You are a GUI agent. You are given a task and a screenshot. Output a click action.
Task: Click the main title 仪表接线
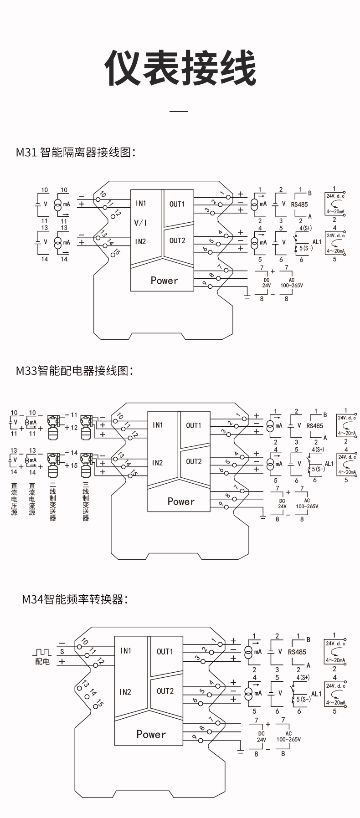(x=180, y=68)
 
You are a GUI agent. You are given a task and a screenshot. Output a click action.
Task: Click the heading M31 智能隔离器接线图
(x=76, y=152)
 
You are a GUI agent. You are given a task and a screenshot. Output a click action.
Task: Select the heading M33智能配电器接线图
(x=74, y=371)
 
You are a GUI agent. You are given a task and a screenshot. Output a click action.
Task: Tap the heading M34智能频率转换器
(x=75, y=599)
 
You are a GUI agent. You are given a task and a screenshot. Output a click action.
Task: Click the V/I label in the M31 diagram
(x=140, y=223)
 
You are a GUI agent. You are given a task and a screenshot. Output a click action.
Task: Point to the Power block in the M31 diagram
(x=164, y=281)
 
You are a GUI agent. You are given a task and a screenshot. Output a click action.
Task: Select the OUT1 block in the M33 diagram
(x=194, y=425)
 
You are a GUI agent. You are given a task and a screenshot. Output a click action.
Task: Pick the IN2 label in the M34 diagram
(x=125, y=692)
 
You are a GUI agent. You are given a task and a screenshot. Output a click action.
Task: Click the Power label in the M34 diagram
(x=151, y=734)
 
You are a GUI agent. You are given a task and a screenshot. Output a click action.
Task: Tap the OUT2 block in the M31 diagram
(x=177, y=240)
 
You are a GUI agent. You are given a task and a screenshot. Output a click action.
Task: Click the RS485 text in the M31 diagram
(x=299, y=204)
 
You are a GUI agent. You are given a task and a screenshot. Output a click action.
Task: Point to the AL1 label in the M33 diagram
(x=329, y=464)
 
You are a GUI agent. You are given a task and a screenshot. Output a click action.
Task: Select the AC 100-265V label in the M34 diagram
(x=288, y=736)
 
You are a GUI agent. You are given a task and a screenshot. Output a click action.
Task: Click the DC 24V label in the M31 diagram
(x=267, y=283)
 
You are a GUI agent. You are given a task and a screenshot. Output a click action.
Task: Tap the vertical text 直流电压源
(x=14, y=499)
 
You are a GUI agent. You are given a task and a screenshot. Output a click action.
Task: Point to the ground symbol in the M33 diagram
(x=262, y=517)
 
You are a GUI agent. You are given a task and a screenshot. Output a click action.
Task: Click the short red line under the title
(x=179, y=111)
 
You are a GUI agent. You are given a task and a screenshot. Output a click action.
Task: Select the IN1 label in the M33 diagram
(x=158, y=425)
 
